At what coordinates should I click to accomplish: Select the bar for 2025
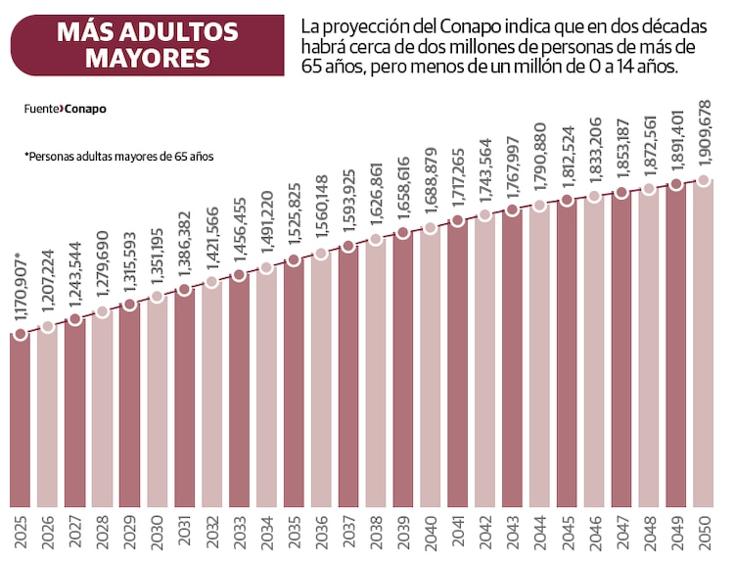21,421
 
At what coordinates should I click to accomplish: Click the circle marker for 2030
158,297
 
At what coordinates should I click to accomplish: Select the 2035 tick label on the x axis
294,533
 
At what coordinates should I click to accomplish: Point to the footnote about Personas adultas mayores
117,156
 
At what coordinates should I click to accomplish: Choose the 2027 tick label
75,533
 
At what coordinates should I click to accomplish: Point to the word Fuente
41,109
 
